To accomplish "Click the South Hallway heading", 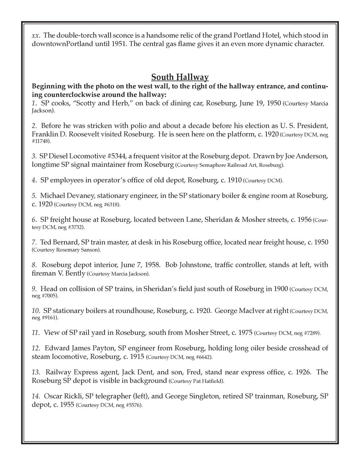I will [x=180, y=77].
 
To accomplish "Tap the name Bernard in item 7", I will [x=68, y=242].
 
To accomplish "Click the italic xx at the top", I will [x=35, y=36].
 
